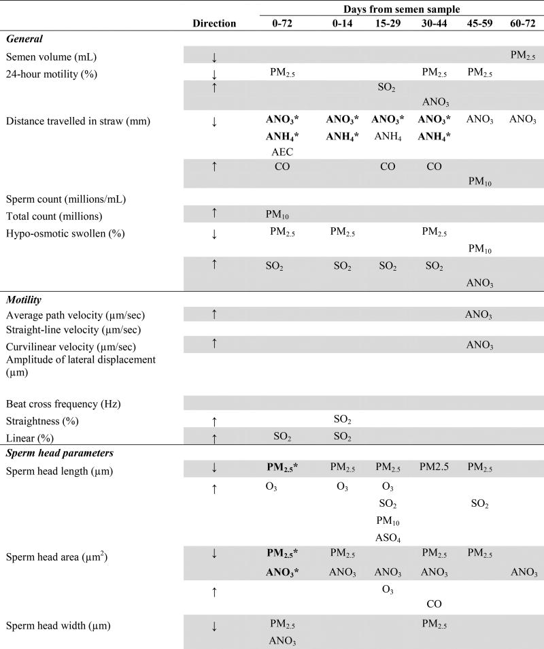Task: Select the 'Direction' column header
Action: point(214,23)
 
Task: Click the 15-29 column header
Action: point(388,23)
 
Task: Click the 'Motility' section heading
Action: point(25,298)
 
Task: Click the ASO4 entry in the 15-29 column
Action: point(388,537)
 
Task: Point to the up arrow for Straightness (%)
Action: point(214,422)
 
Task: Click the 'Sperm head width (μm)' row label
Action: point(54,625)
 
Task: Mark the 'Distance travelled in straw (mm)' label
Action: point(78,122)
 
